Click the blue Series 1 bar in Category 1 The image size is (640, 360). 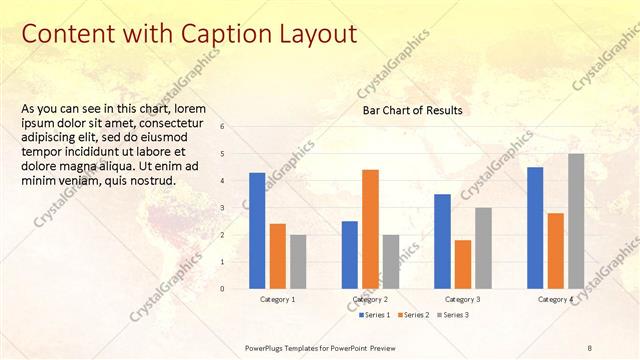tap(257, 230)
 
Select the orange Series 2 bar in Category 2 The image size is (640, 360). tap(370, 229)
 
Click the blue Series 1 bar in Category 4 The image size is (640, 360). tap(535, 227)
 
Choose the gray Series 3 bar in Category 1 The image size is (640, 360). tap(298, 261)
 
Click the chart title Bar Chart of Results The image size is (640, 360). tap(412, 111)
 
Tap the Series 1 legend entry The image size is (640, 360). tap(375, 315)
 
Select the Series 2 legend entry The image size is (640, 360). tap(416, 315)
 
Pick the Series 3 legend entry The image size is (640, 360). tap(456, 315)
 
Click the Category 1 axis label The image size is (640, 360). tap(277, 300)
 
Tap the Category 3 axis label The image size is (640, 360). tap(462, 300)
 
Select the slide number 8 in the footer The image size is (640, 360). tap(590, 347)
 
